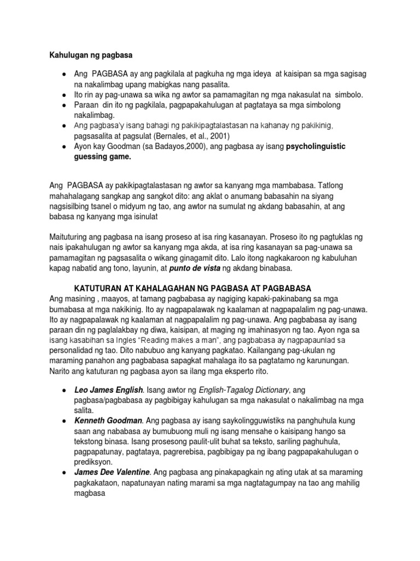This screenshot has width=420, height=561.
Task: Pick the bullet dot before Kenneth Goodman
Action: coord(65,421)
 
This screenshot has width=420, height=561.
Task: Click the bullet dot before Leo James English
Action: coord(65,391)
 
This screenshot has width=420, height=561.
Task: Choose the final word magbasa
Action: coord(89,493)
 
